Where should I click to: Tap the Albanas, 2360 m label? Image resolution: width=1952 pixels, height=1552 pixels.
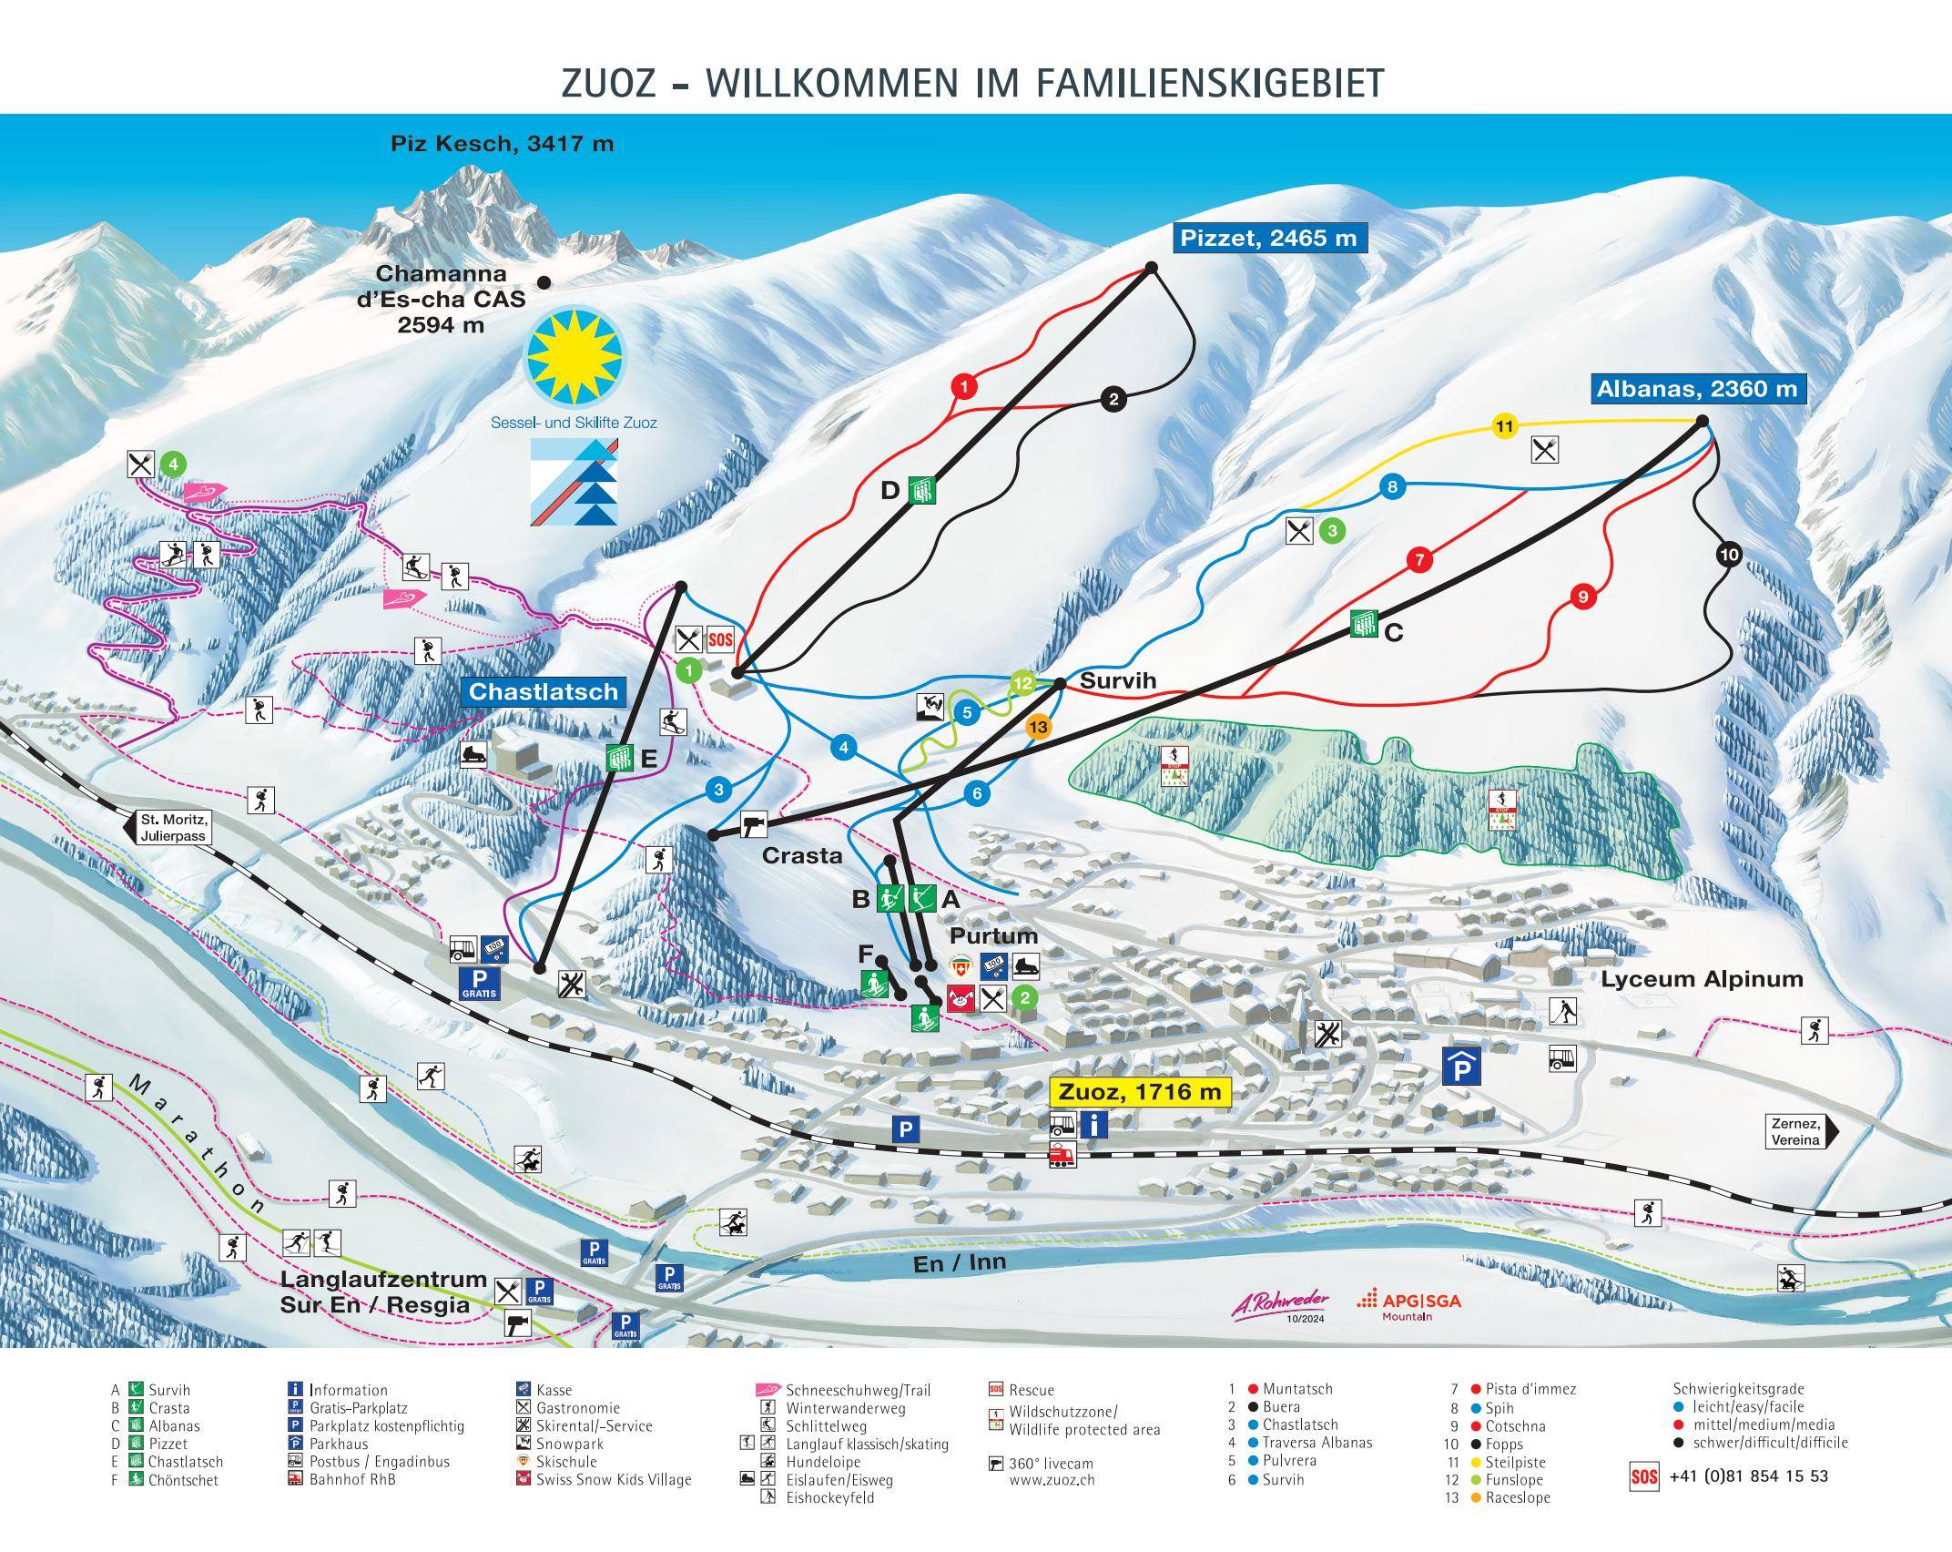point(1697,389)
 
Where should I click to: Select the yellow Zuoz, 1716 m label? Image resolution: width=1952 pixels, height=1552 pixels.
point(1139,1091)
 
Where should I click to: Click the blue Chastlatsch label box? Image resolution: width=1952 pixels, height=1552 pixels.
point(544,691)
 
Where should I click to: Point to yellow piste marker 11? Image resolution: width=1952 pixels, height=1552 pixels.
point(1504,426)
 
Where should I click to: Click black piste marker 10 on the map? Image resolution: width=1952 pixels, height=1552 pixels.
point(1729,555)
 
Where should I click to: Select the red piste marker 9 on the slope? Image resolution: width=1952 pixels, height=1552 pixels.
point(1583,597)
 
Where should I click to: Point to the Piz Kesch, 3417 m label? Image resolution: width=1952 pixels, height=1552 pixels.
point(502,143)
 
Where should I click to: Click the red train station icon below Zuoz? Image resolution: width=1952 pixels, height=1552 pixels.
point(1062,1155)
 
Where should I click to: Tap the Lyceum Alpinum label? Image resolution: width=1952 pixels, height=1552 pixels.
point(1702,980)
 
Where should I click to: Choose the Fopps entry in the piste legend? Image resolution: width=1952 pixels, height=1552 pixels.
point(1504,1444)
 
